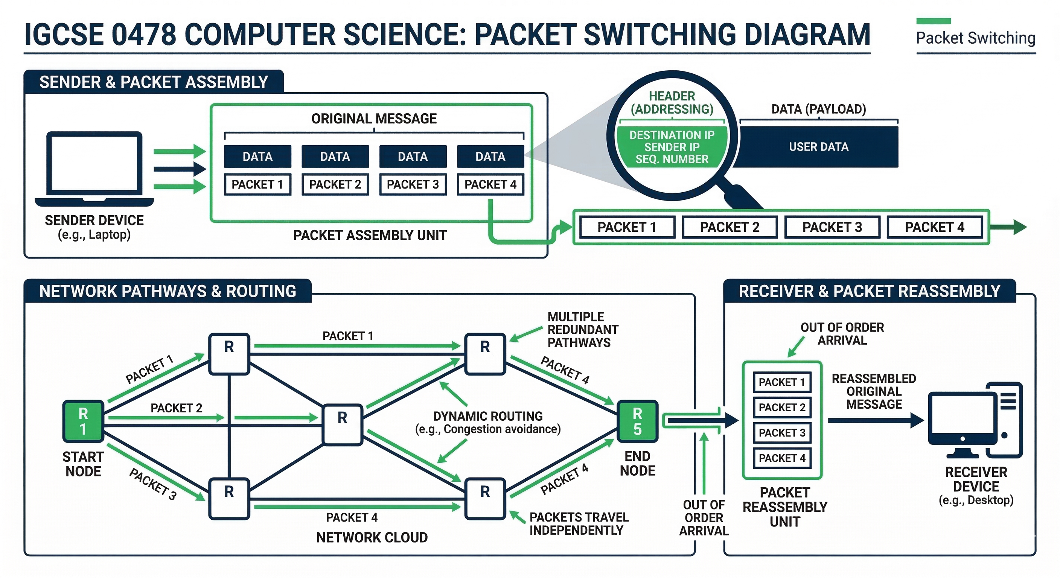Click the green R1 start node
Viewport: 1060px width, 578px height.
tap(83, 421)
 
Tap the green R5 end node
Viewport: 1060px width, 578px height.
tap(637, 421)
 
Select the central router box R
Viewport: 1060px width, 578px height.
tap(343, 425)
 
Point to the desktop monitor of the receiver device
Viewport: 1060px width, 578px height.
tap(962, 420)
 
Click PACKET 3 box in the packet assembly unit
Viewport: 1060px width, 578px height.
tap(413, 184)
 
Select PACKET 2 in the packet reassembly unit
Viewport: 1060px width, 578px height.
tap(782, 407)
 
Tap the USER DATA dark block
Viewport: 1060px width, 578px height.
tap(818, 147)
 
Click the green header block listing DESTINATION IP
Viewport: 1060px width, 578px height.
tap(672, 147)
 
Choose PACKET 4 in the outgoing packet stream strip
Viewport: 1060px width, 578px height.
tap(934, 227)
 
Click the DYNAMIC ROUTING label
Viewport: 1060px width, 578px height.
tap(487, 416)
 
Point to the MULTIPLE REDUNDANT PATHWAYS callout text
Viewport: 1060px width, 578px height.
tap(582, 330)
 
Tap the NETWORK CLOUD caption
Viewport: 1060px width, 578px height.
tap(372, 537)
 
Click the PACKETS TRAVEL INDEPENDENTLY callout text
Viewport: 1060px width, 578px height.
tap(578, 523)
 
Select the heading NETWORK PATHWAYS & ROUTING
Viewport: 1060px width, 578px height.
tap(168, 291)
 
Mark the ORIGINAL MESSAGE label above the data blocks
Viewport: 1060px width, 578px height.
tap(374, 119)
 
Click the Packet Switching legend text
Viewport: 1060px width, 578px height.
tap(975, 38)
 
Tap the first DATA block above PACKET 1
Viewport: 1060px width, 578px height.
tap(257, 156)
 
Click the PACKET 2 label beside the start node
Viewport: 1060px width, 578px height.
tap(176, 408)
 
